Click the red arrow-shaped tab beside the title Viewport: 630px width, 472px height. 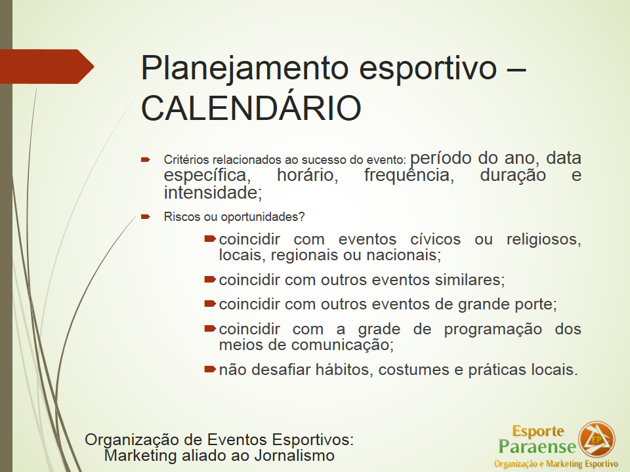(x=47, y=66)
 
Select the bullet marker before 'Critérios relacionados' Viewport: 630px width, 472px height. (x=146, y=160)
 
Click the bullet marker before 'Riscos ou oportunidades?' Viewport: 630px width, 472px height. (x=146, y=217)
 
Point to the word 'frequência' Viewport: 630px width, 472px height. (x=409, y=174)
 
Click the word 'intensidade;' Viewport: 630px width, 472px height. (x=213, y=193)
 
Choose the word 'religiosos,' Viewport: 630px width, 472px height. (x=543, y=239)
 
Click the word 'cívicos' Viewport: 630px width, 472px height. (x=435, y=239)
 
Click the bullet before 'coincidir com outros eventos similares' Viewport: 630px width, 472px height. (x=210, y=279)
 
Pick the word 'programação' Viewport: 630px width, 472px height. (x=493, y=330)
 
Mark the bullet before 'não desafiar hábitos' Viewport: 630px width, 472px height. (x=210, y=369)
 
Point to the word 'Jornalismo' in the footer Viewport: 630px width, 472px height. (x=294, y=456)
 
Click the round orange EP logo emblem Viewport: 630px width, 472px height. (x=597, y=439)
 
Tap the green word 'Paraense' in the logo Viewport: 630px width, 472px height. (x=537, y=446)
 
